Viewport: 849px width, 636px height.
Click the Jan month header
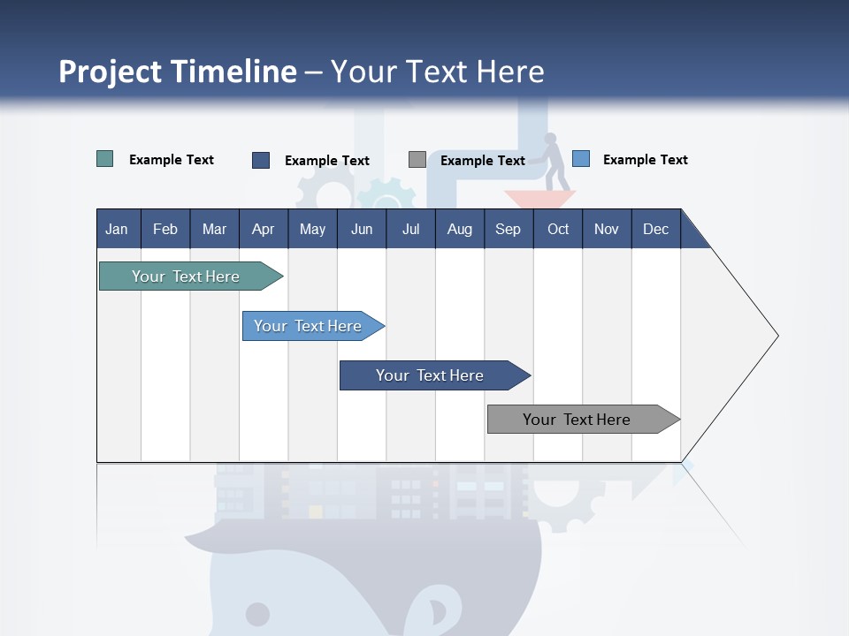pyautogui.click(x=117, y=229)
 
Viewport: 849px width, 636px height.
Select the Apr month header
pyautogui.click(x=263, y=229)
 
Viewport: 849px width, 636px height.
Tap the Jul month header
pyautogui.click(x=410, y=229)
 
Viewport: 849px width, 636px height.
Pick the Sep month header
pyautogui.click(x=508, y=229)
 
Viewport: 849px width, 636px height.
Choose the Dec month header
pyautogui.click(x=655, y=229)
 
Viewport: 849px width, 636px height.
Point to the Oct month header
pyautogui.click(x=558, y=229)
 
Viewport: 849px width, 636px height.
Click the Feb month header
pyautogui.click(x=165, y=229)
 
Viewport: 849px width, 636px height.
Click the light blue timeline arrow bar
pyautogui.click(x=310, y=326)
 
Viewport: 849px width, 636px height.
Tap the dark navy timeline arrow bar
pyautogui.click(x=432, y=375)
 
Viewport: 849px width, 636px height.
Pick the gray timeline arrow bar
pyautogui.click(x=579, y=420)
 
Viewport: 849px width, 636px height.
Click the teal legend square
pyautogui.click(x=104, y=159)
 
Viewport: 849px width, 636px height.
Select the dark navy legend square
pyautogui.click(x=261, y=160)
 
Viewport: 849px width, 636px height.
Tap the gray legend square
pyautogui.click(x=417, y=160)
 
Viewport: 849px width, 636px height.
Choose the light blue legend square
pyautogui.click(x=581, y=159)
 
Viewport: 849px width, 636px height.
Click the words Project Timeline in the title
pyautogui.click(x=177, y=72)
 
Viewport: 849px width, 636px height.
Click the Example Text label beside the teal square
pyautogui.click(x=172, y=160)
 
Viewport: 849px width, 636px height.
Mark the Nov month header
pyautogui.click(x=607, y=229)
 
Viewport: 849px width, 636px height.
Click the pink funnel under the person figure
pyautogui.click(x=539, y=199)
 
